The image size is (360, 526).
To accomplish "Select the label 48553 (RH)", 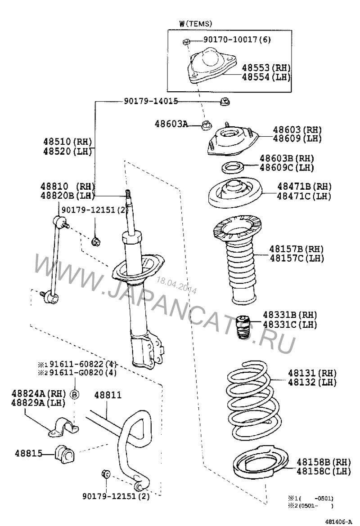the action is (x=266, y=68).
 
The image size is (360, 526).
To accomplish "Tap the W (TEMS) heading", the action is (x=195, y=23).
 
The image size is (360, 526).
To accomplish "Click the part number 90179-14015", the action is (x=151, y=101).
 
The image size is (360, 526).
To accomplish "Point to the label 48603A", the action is (x=171, y=124).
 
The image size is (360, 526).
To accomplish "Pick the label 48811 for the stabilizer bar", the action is (x=108, y=395).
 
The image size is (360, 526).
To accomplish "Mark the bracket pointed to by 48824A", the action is (x=63, y=428).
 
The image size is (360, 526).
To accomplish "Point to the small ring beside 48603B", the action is (x=232, y=167).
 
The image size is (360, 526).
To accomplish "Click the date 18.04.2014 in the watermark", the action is (x=177, y=285).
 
